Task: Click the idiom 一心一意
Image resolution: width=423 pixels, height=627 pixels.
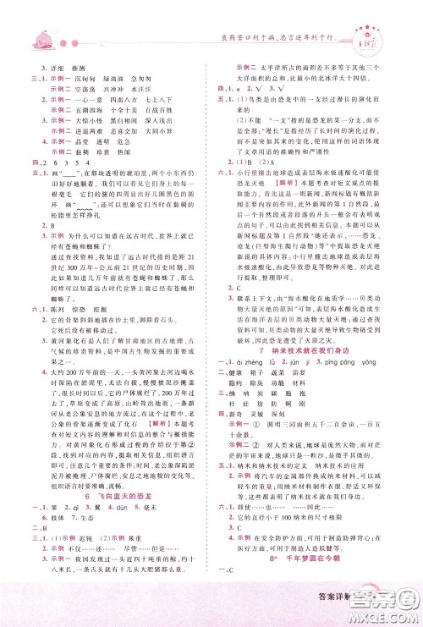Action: point(85,96)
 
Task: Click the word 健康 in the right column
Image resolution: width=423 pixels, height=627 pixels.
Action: point(235,371)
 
